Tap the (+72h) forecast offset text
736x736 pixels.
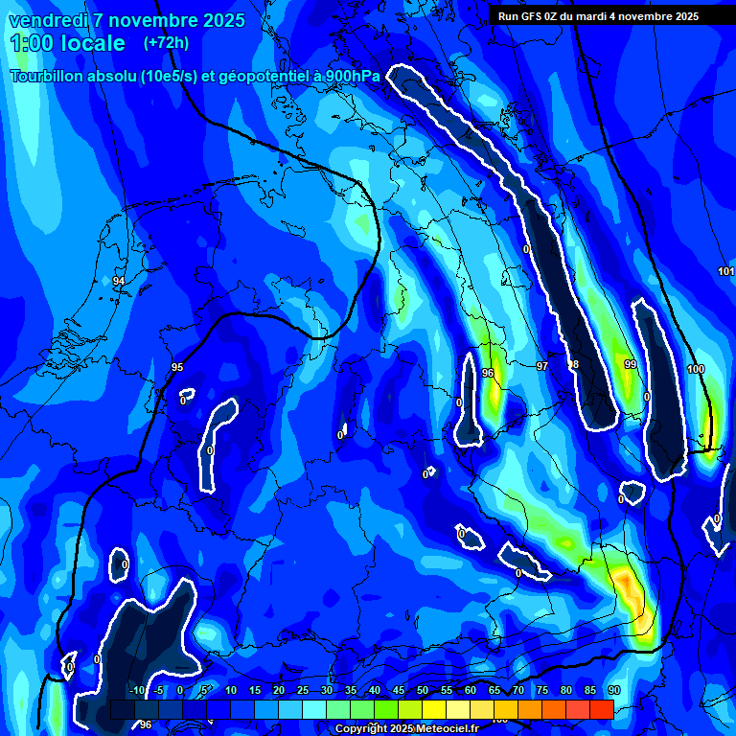click(166, 43)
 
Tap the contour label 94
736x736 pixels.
click(119, 281)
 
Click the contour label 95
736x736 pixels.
click(177, 367)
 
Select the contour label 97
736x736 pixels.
click(542, 367)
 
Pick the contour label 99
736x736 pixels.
click(631, 365)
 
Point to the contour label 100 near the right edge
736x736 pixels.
click(696, 369)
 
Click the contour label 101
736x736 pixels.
click(725, 271)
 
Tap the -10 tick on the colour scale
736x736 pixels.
click(137, 690)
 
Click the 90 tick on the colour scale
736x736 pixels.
click(613, 690)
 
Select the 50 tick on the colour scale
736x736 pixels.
click(423, 690)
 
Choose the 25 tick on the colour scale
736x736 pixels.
click(303, 690)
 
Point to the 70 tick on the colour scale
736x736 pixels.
click(518, 690)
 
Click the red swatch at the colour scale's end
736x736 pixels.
click(601, 709)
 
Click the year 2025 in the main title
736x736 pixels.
click(216, 20)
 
